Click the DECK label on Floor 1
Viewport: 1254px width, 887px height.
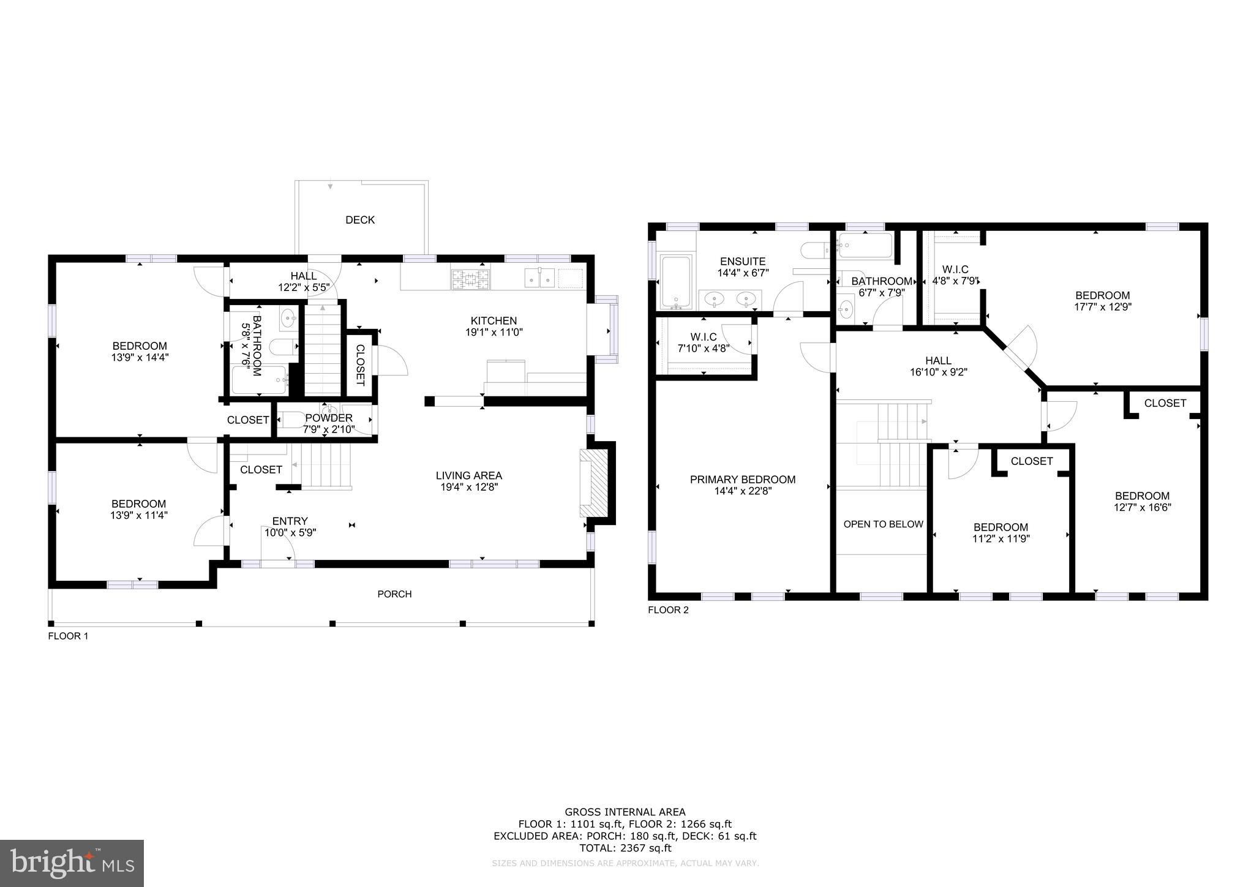pyautogui.click(x=359, y=220)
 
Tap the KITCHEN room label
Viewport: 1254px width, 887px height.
pyautogui.click(x=494, y=321)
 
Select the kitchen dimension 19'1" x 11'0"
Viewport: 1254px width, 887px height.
pyautogui.click(x=494, y=333)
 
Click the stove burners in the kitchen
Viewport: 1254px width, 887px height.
pyautogui.click(x=470, y=280)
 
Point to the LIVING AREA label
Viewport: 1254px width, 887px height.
pyautogui.click(x=468, y=475)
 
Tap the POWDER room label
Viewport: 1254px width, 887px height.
pyautogui.click(x=329, y=418)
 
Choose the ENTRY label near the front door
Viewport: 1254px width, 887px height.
pyautogui.click(x=290, y=521)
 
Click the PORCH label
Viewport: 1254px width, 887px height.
pyautogui.click(x=394, y=594)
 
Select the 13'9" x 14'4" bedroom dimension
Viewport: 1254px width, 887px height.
pyautogui.click(x=139, y=358)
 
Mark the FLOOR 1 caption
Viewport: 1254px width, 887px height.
pyautogui.click(x=68, y=636)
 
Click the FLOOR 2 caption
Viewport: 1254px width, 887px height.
pyautogui.click(x=668, y=610)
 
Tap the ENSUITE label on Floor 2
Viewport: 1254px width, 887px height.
pyautogui.click(x=743, y=262)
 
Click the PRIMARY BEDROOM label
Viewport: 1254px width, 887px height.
pyautogui.click(x=743, y=480)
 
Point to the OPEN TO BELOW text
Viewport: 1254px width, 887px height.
pyautogui.click(x=883, y=524)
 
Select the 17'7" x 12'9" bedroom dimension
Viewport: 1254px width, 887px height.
pyautogui.click(x=1103, y=307)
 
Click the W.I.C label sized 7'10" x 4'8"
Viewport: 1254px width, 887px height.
pyautogui.click(x=704, y=338)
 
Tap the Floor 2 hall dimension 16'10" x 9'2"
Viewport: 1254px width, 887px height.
pyautogui.click(x=938, y=372)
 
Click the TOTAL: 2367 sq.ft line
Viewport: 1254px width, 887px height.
pyautogui.click(x=625, y=848)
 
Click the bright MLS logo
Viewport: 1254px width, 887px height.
pyautogui.click(x=72, y=863)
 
